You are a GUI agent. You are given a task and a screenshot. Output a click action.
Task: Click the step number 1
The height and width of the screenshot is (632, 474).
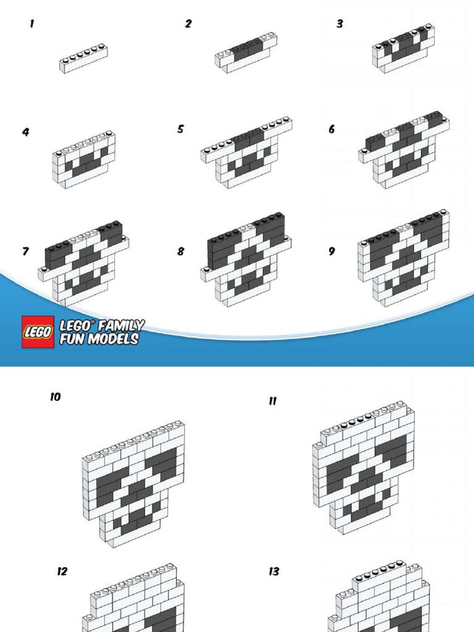(32, 24)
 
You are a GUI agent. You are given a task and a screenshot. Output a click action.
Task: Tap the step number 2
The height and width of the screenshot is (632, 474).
(188, 24)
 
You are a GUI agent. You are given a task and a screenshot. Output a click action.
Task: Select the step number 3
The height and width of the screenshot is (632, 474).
(340, 24)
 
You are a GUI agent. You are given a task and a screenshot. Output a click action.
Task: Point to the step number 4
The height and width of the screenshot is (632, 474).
(26, 132)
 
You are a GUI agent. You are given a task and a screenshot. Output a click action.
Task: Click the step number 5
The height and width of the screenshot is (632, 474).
(181, 129)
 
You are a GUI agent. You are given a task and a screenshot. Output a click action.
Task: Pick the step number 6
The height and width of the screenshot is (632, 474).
(331, 129)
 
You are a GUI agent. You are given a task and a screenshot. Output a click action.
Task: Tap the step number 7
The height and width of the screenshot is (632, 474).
(26, 251)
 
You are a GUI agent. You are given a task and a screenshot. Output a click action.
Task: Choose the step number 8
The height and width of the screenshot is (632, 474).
(181, 251)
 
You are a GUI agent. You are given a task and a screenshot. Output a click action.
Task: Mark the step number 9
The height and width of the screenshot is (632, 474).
(331, 251)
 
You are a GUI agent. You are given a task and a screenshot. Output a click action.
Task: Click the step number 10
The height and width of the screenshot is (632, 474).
(56, 397)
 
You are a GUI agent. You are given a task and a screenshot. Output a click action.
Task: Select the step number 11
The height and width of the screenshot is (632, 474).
(273, 401)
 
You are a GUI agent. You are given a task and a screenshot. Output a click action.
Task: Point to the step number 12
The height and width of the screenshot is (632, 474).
(62, 572)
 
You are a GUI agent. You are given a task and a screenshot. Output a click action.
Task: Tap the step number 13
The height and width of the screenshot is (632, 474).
(273, 572)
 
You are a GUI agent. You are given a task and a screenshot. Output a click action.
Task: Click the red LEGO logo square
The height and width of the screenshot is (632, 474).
(38, 331)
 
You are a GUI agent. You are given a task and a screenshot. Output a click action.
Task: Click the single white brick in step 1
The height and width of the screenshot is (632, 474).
(83, 59)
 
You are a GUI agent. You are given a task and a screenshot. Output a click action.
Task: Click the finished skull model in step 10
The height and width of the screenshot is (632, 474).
(133, 484)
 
